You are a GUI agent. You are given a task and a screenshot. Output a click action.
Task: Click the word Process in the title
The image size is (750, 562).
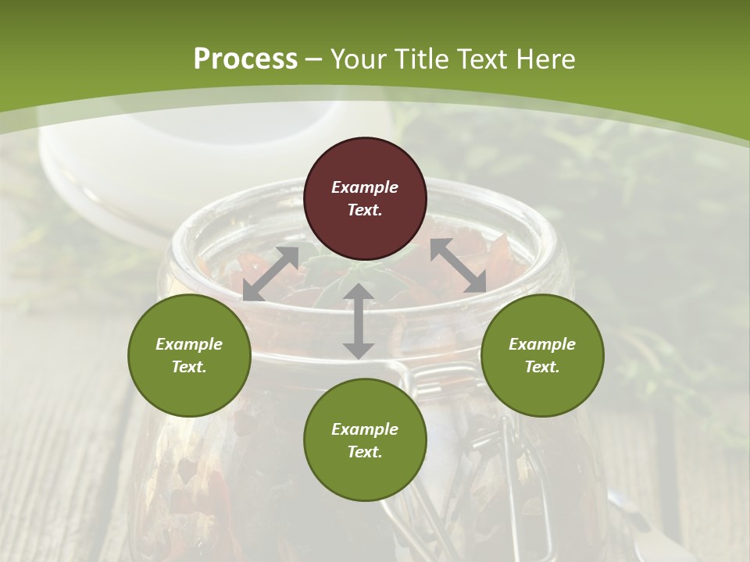coord(245,59)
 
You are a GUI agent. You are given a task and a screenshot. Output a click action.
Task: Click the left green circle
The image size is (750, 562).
coord(189,355)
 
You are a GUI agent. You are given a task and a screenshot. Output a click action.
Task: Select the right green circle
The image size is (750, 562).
coord(542,355)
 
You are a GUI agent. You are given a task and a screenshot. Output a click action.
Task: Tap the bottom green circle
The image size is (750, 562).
coord(365,440)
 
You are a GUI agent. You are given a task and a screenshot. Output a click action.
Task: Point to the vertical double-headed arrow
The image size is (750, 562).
coord(359,321)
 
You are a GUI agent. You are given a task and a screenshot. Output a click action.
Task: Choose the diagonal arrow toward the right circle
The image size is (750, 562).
coord(459,265)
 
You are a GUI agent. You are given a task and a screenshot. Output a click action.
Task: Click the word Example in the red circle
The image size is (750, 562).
coord(365,187)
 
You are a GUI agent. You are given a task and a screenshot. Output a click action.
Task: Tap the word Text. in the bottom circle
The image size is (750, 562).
coord(365,452)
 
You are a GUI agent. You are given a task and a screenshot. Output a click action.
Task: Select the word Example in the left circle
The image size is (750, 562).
coord(189,344)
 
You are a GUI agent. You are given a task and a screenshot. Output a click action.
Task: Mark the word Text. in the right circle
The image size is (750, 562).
coord(542,367)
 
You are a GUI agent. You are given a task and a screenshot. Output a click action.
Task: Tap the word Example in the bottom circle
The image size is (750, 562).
coord(365,429)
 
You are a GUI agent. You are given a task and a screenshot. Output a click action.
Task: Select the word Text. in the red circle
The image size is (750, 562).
coord(365,210)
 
